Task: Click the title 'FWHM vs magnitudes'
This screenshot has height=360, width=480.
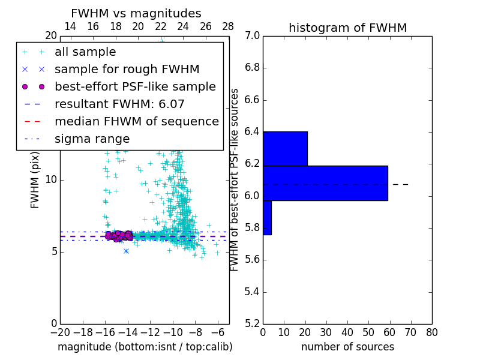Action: pos(136,13)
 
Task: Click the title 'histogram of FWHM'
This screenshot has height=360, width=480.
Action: pos(347,28)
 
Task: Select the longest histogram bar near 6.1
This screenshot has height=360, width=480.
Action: pos(325,182)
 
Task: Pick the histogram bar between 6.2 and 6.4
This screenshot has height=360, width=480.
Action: pos(285,148)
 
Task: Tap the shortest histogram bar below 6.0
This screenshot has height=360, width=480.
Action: pos(267,217)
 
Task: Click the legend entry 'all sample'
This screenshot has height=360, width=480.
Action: pos(85,52)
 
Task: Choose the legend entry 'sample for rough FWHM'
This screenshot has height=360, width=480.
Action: pos(127,69)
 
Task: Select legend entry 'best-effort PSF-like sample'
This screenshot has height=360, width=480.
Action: pos(135,86)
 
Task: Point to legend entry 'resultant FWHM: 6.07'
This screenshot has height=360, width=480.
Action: pos(119,104)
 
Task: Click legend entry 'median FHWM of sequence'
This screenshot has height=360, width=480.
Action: pos(136,121)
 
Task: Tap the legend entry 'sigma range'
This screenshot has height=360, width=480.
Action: pos(92,139)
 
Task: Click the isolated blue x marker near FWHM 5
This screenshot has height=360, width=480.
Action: pos(126,251)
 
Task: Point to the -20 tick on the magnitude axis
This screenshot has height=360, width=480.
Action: pos(60,332)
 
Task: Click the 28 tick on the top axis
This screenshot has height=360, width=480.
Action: pos(228,26)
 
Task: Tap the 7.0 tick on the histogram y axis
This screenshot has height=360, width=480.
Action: pos(252,36)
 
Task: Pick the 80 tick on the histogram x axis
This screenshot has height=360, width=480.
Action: pos(431,332)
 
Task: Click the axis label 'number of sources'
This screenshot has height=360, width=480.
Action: pos(347,347)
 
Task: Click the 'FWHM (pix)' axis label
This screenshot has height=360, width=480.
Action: pos(35,179)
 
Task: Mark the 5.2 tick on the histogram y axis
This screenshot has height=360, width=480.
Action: pos(252,323)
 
